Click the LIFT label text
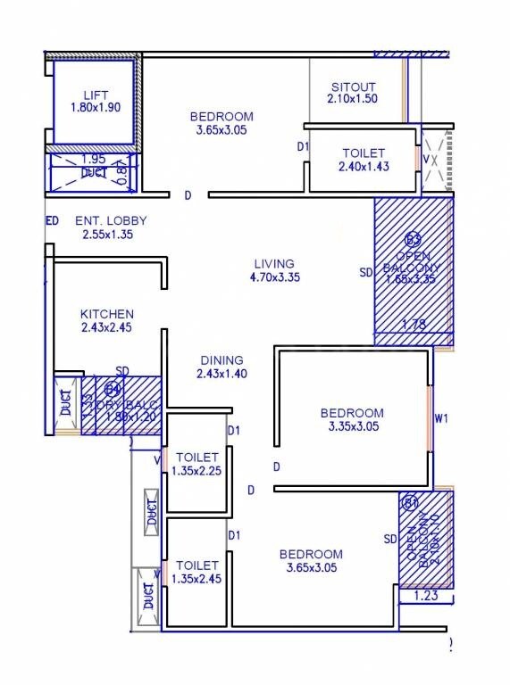(96, 95)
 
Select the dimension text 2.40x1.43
(362, 167)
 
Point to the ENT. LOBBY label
(111, 220)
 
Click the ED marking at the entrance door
(52, 220)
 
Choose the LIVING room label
(273, 263)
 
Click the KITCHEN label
(107, 314)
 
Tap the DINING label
(221, 360)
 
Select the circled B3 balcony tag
(413, 239)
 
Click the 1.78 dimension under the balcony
(414, 326)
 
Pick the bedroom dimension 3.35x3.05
(352, 426)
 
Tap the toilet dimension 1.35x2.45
(197, 579)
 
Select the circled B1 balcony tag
(411, 503)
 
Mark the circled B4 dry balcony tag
(113, 389)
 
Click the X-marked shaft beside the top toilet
(436, 161)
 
